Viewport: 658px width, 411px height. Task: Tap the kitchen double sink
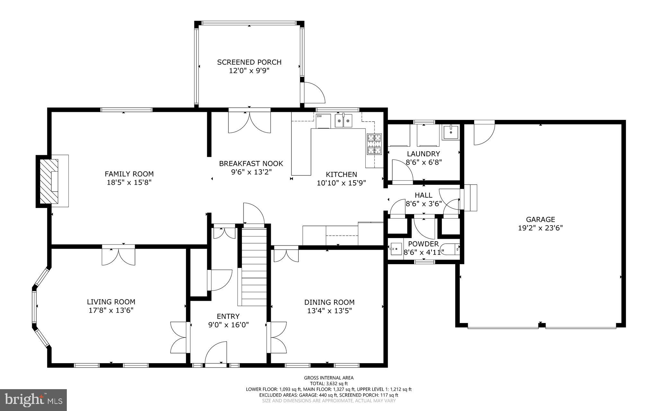coord(343,121)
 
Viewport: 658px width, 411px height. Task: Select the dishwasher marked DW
coord(323,121)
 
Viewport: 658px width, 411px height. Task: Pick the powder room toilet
coord(450,249)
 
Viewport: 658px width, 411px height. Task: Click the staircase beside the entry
coord(254,267)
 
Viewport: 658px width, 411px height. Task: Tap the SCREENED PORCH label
coord(249,62)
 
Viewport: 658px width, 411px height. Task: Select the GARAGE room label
coord(540,219)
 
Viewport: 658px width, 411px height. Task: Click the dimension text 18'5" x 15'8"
coord(129,183)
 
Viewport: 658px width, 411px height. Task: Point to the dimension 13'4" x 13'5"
coord(330,311)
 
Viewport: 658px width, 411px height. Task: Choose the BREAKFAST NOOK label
coord(251,164)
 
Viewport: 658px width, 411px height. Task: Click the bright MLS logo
coord(33,400)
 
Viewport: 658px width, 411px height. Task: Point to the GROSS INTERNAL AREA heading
coord(329,378)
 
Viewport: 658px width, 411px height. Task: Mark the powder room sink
coord(396,249)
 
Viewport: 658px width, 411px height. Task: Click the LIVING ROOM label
coord(111,302)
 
